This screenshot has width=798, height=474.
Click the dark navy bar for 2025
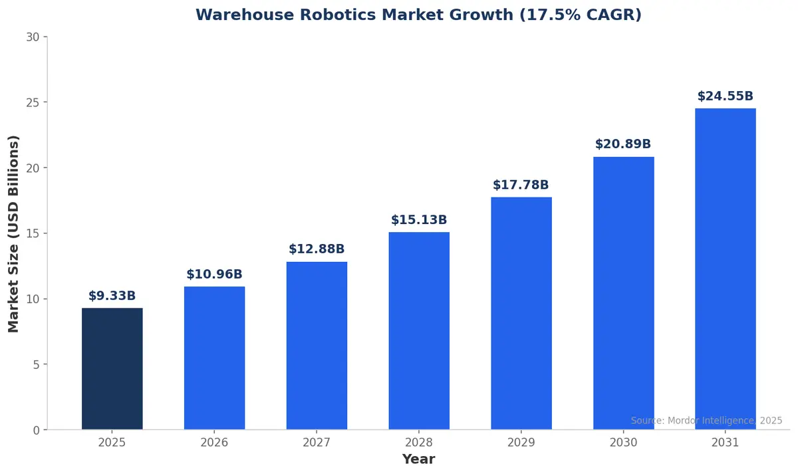tap(112, 369)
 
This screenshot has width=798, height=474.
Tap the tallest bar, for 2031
tap(726, 269)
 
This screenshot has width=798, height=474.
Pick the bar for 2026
tap(214, 358)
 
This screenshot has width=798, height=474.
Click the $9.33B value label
tap(112, 296)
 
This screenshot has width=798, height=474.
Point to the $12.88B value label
tap(317, 249)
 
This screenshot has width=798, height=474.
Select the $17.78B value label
tap(521, 185)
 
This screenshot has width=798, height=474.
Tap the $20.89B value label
tap(623, 144)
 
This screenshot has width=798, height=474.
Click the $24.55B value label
tap(726, 96)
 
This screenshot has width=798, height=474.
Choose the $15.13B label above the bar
tap(419, 220)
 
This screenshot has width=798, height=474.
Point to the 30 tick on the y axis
tap(33, 37)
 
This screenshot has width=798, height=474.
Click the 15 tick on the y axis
tap(33, 233)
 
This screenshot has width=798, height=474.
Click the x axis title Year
tap(418, 459)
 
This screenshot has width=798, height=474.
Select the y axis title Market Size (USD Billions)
tap(14, 233)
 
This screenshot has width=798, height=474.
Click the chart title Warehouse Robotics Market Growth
tap(418, 15)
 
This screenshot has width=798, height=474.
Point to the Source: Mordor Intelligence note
tap(706, 421)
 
